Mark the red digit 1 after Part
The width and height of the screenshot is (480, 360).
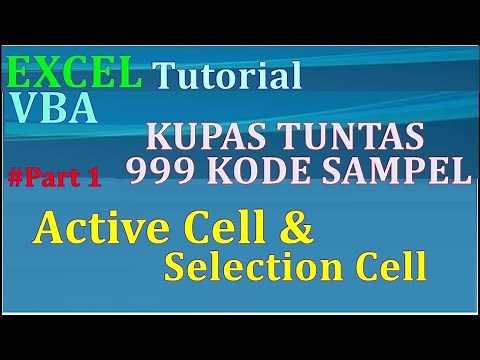[x=94, y=179]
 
